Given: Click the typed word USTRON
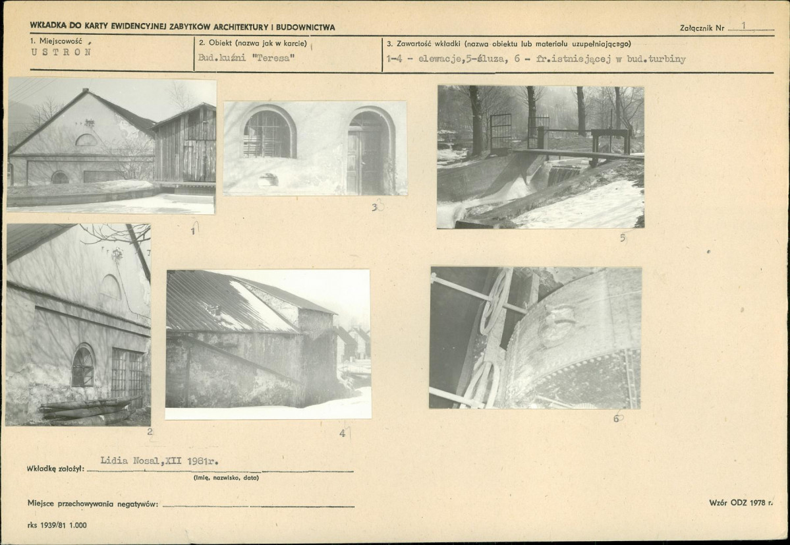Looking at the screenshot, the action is click(x=61, y=52).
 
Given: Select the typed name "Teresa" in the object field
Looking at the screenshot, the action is click(x=273, y=57).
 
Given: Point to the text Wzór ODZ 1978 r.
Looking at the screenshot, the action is click(x=741, y=503).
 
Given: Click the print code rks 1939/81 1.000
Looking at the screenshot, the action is click(x=57, y=525).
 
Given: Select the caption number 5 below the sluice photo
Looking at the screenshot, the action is click(x=623, y=238).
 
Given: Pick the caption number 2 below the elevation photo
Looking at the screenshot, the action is click(x=150, y=431).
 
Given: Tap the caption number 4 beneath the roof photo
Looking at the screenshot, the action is click(x=343, y=433).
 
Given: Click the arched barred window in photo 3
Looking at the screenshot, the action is click(x=267, y=134).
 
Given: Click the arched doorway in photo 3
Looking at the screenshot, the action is click(x=370, y=151).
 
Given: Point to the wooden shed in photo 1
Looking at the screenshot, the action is click(x=184, y=144).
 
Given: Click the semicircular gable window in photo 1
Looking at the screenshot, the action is click(x=86, y=140).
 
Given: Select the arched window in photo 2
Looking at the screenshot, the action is click(x=83, y=366).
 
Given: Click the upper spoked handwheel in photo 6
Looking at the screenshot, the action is click(x=495, y=301).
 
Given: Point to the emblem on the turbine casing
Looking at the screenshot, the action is click(x=557, y=324).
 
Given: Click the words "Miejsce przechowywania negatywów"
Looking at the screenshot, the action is click(x=93, y=503).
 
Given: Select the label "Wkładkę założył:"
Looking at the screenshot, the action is click(x=56, y=469).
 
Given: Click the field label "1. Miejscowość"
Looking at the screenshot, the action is click(x=57, y=42).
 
